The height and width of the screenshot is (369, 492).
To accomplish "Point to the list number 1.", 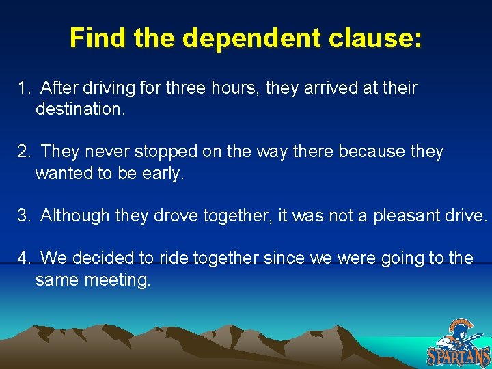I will pyautogui.click(x=23, y=88).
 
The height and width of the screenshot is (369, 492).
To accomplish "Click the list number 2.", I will pyautogui.click(x=23, y=152).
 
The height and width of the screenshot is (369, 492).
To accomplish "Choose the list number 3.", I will pyautogui.click(x=23, y=215).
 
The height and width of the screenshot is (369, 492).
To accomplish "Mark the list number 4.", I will pyautogui.click(x=23, y=258).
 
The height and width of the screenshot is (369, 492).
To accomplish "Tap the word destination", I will pyautogui.click(x=80, y=109).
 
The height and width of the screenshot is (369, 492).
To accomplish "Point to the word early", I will pyautogui.click(x=163, y=173).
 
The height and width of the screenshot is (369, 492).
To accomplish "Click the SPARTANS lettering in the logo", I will pyautogui.click(x=459, y=357).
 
